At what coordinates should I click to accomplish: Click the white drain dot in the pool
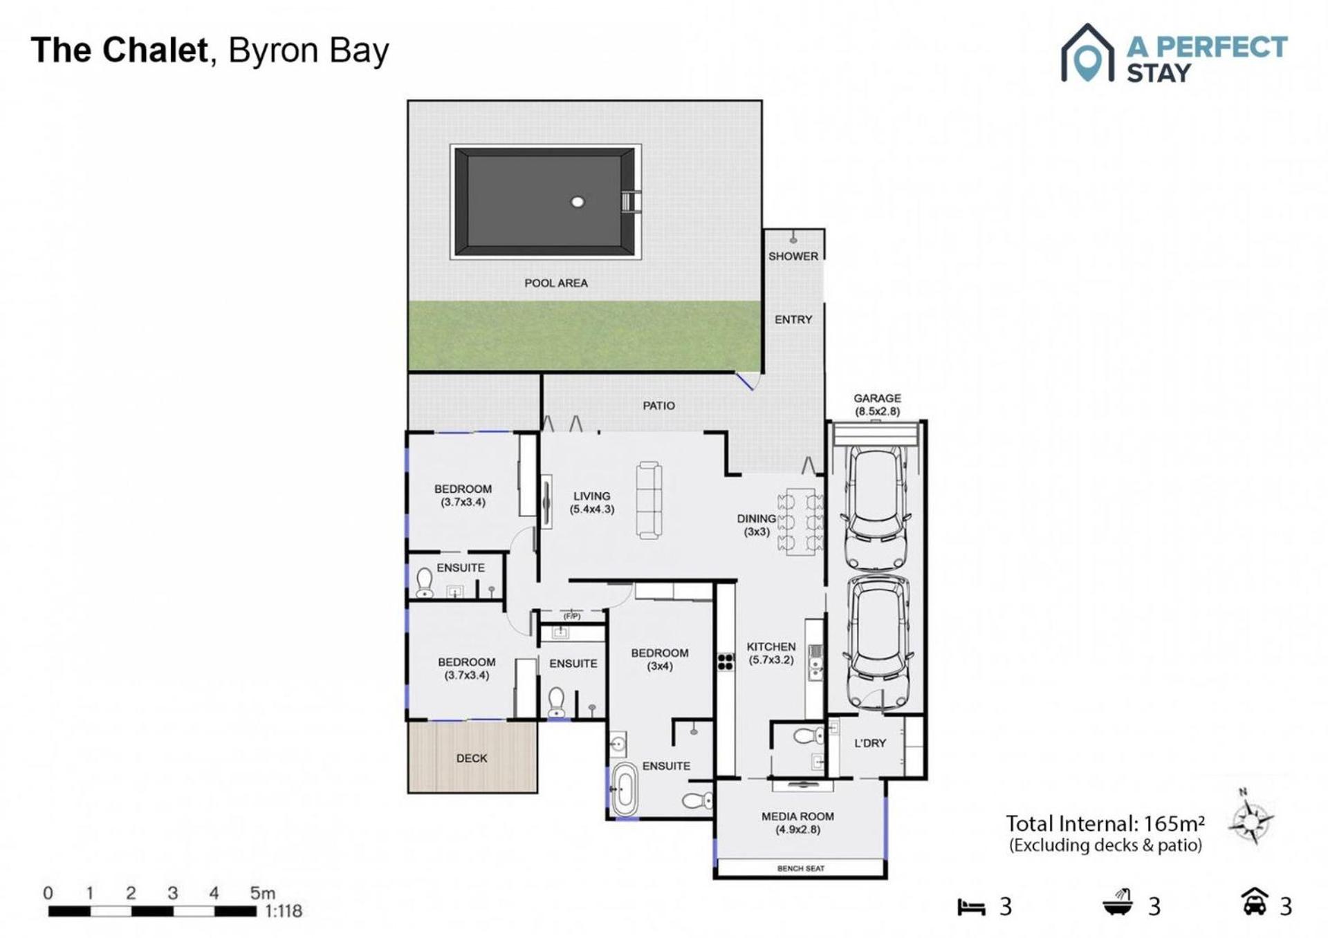point(578,202)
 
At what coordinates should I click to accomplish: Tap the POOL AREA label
point(556,283)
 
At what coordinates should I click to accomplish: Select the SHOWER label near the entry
point(793,256)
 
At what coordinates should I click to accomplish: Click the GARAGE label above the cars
point(877,398)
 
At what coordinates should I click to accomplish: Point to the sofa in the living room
point(649,500)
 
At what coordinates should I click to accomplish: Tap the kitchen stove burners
point(725,662)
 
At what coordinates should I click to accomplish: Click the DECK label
point(472,758)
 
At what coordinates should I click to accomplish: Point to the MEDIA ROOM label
point(797,816)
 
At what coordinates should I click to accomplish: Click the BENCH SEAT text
point(801,868)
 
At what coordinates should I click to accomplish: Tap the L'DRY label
point(870,743)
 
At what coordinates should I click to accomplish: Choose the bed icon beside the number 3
point(971,907)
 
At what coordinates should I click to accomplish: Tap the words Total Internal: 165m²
point(1105,823)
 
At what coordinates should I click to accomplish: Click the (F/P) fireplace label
point(572,616)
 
